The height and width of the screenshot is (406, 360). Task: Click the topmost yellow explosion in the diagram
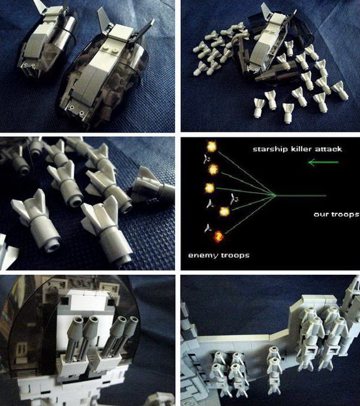(211, 146)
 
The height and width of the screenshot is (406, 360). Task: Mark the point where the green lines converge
(275, 195)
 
